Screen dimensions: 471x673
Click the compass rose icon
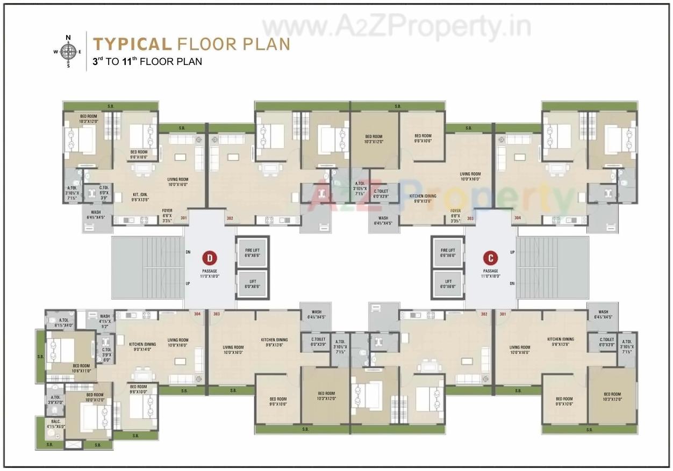[68, 52]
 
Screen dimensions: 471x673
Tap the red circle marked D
[209, 257]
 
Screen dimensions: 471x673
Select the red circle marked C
[490, 257]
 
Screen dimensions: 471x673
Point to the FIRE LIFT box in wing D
[252, 253]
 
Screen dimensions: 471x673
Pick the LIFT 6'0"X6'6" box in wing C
[448, 284]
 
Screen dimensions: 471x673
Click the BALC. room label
[55, 424]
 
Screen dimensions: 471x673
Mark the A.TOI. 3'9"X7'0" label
[55, 399]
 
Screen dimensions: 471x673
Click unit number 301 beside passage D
[183, 218]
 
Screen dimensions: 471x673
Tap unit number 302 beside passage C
[484, 314]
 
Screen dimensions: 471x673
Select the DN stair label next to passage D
[188, 251]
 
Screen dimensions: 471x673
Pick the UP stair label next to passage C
[512, 251]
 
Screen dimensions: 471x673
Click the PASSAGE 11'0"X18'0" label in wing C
[490, 273]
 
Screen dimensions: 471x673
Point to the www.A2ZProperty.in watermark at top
[397, 26]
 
